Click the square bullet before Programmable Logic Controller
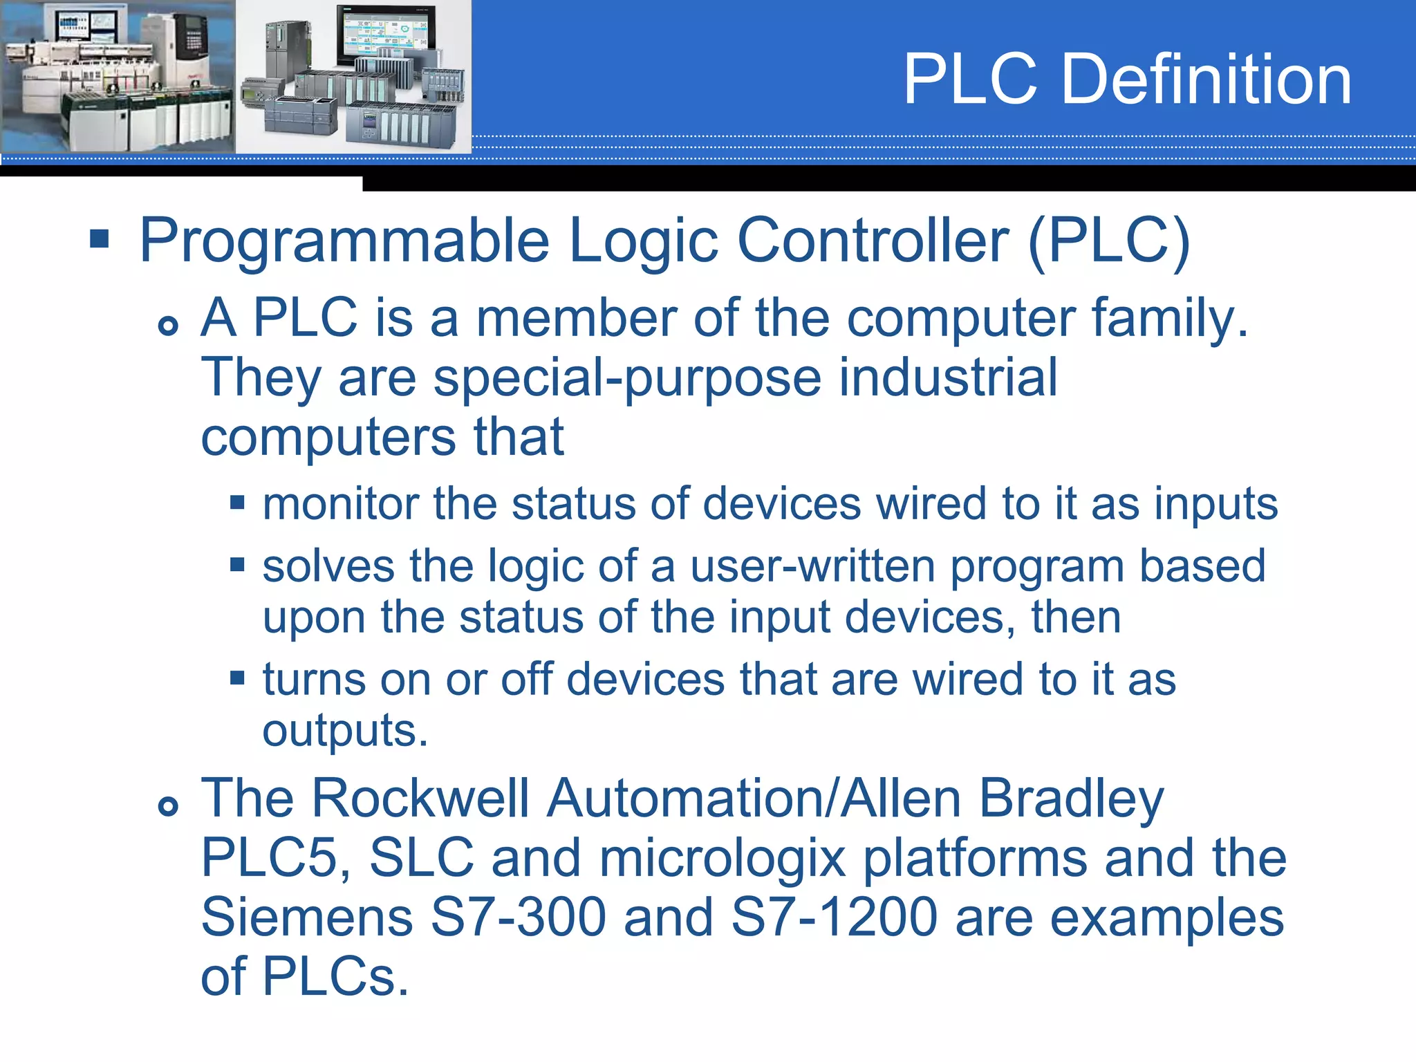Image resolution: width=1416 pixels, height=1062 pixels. tap(100, 239)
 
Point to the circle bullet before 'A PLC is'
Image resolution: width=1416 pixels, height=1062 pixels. tap(168, 325)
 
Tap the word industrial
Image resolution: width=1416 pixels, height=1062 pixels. tap(948, 378)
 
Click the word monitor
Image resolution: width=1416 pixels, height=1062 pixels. tap(340, 503)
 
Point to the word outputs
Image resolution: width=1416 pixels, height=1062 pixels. tap(345, 730)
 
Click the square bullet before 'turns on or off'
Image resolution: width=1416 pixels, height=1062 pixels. tap(238, 677)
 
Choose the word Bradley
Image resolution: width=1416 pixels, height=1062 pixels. tap(1071, 799)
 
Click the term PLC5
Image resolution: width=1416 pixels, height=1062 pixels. tap(275, 859)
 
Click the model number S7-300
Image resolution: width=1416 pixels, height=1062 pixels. tap(518, 917)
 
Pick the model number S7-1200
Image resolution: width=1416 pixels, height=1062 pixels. tap(834, 917)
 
